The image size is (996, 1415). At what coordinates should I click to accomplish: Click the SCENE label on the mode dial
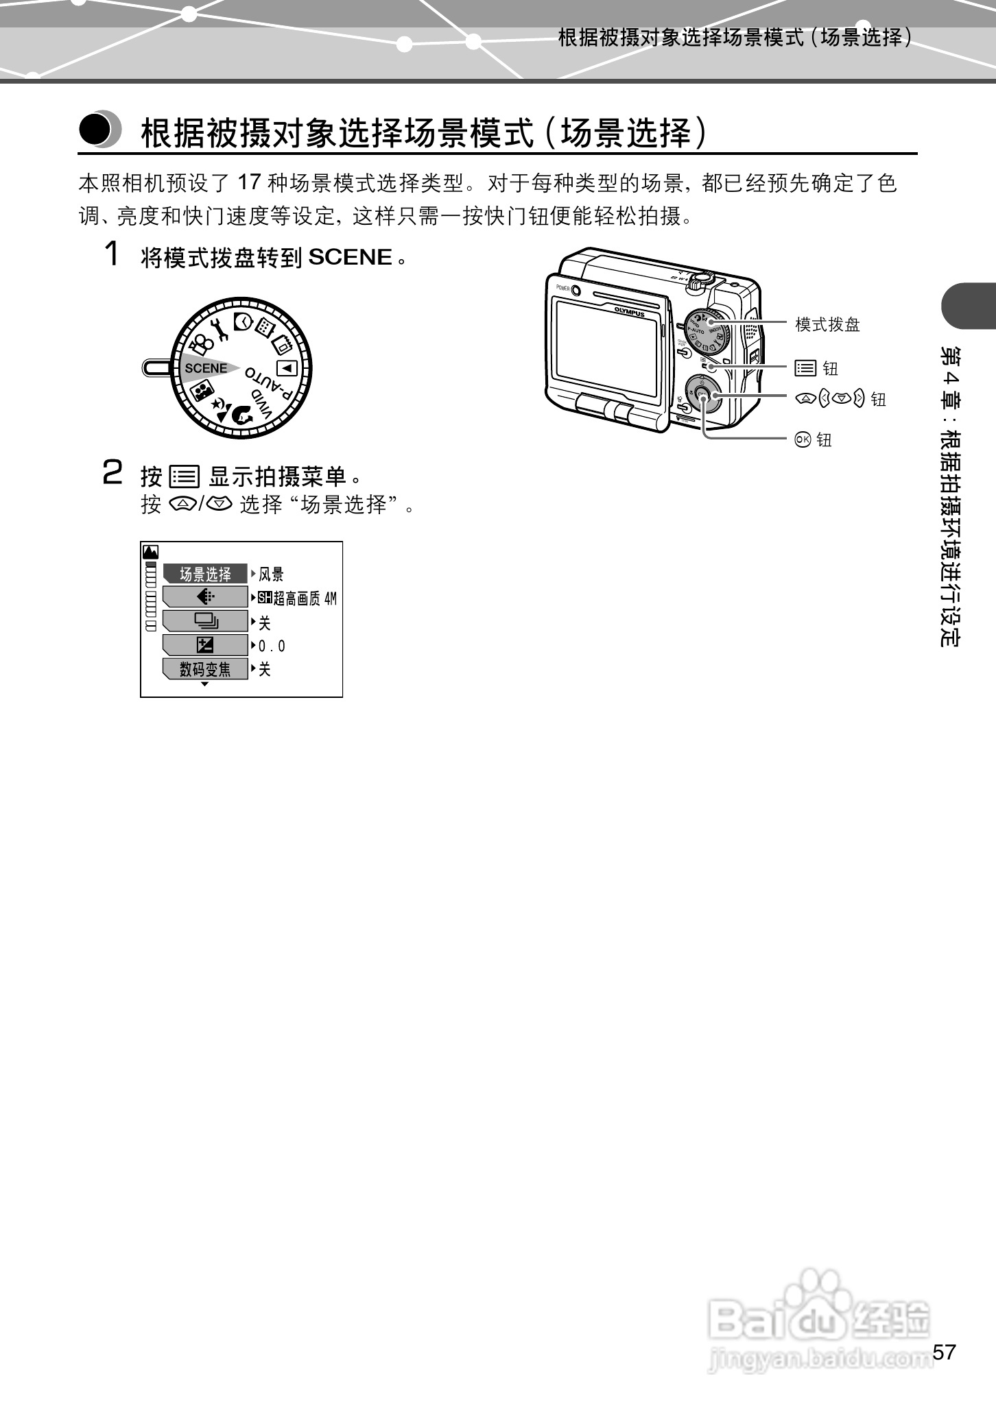[206, 368]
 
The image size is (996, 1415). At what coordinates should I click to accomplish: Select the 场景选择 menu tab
[205, 574]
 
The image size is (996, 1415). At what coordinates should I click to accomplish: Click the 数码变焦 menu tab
[205, 668]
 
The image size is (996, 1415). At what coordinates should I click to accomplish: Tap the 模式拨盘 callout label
[827, 324]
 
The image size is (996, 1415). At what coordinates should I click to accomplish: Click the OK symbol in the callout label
[802, 439]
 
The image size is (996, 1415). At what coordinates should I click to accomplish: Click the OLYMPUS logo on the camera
[629, 310]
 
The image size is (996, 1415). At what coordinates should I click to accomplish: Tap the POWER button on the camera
[576, 289]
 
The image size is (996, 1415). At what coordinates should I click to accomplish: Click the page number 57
[944, 1352]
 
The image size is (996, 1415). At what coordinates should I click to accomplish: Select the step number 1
[112, 255]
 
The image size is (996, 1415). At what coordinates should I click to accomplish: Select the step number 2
[112, 473]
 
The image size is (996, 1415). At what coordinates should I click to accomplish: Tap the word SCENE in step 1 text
[350, 258]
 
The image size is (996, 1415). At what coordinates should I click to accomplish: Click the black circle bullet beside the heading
[96, 129]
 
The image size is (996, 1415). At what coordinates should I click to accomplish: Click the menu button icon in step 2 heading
[184, 476]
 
